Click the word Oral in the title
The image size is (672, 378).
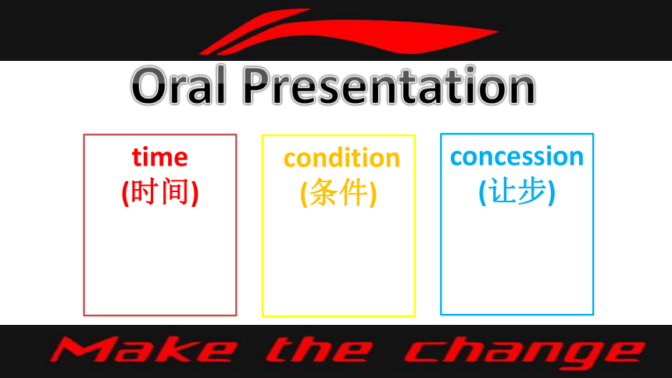(x=178, y=86)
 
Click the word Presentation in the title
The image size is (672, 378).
(x=389, y=86)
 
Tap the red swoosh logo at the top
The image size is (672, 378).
(x=348, y=32)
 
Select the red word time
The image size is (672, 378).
(x=160, y=157)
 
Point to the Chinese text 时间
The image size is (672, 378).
(x=160, y=191)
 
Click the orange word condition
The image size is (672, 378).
(x=341, y=158)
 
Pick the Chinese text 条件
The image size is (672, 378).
(x=338, y=192)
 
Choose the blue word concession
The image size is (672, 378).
(x=517, y=156)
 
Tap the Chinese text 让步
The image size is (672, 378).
(x=517, y=191)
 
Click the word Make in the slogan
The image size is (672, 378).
(x=144, y=350)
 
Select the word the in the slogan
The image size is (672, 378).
(x=320, y=350)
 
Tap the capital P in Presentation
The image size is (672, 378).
(x=258, y=86)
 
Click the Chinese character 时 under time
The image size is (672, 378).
(x=144, y=191)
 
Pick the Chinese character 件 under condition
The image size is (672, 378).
(x=354, y=192)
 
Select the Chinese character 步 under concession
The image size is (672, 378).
(x=532, y=191)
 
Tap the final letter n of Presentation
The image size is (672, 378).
(x=520, y=91)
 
